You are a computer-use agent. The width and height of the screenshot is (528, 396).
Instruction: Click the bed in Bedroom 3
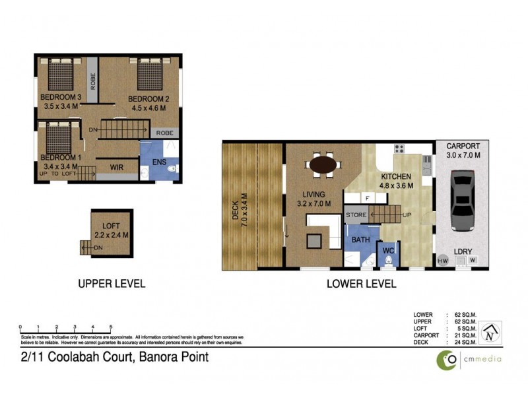(61, 74)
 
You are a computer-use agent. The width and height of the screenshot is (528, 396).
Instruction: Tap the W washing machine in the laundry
(473, 261)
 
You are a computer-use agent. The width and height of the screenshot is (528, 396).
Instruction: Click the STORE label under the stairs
(356, 214)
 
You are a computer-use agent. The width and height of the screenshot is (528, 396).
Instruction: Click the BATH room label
(360, 240)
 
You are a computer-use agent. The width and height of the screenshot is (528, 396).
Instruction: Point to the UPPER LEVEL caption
(112, 284)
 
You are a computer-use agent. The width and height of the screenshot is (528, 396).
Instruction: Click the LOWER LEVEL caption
(361, 284)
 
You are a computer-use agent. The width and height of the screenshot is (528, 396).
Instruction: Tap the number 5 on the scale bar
(111, 327)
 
